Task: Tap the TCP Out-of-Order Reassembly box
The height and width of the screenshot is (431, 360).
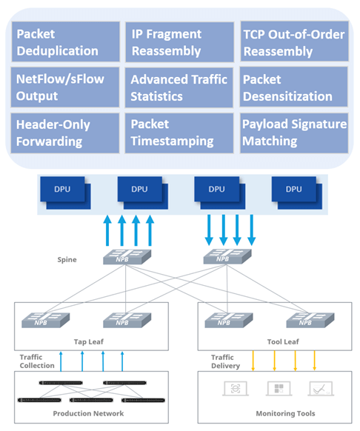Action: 294,42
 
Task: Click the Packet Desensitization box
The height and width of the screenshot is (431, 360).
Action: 294,87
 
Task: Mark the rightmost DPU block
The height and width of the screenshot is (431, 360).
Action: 296,191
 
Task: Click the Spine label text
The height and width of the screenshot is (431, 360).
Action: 67,260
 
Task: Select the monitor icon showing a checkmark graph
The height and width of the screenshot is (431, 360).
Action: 319,389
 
